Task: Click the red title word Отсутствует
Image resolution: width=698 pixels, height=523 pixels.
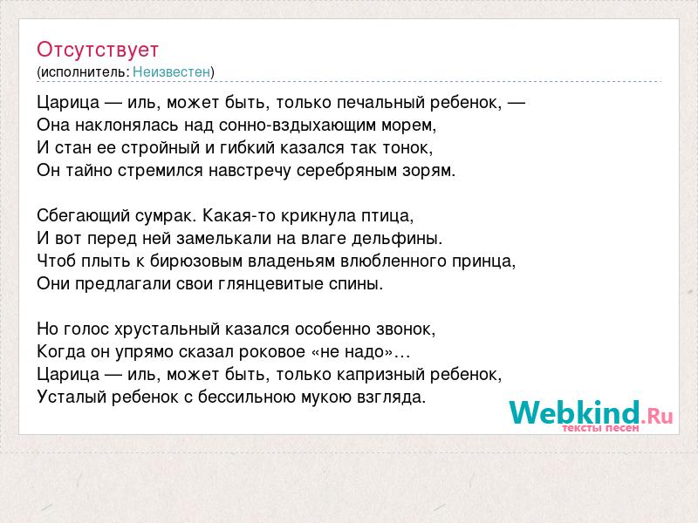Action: click(x=98, y=50)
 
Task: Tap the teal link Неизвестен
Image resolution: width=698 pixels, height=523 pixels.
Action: click(x=171, y=71)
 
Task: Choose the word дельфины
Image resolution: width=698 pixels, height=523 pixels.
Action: click(x=397, y=239)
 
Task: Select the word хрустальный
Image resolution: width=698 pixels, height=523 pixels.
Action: click(x=167, y=329)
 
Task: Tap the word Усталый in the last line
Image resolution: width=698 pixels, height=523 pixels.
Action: click(x=72, y=397)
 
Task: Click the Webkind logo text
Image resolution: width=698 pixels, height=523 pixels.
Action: click(x=591, y=412)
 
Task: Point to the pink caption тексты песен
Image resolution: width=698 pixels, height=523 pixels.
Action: click(x=600, y=428)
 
